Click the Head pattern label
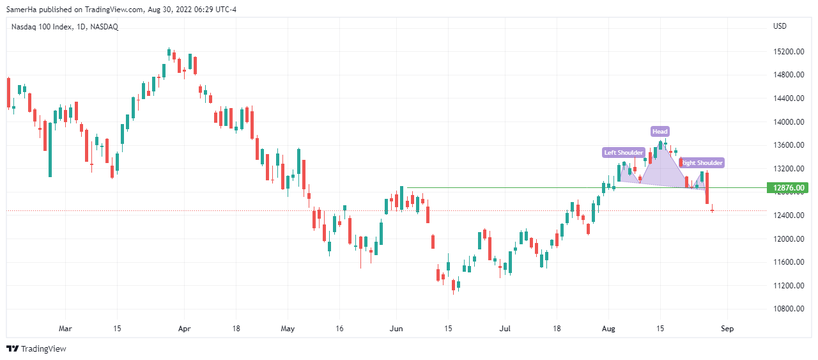click(x=660, y=132)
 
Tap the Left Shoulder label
click(x=624, y=152)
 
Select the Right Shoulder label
click(x=702, y=163)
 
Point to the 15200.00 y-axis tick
click(x=787, y=52)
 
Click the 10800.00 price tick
click(x=787, y=309)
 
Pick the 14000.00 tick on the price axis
click(x=787, y=122)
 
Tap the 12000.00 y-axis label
click(x=787, y=239)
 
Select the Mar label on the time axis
click(x=65, y=329)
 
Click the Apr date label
click(x=184, y=329)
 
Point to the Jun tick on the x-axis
click(x=396, y=329)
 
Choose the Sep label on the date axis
click(x=727, y=329)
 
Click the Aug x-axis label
click(x=608, y=329)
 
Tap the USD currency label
click(x=780, y=26)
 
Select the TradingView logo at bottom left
click(x=36, y=348)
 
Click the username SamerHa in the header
click(x=22, y=8)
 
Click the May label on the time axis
click(x=288, y=329)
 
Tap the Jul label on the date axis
click(x=505, y=329)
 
